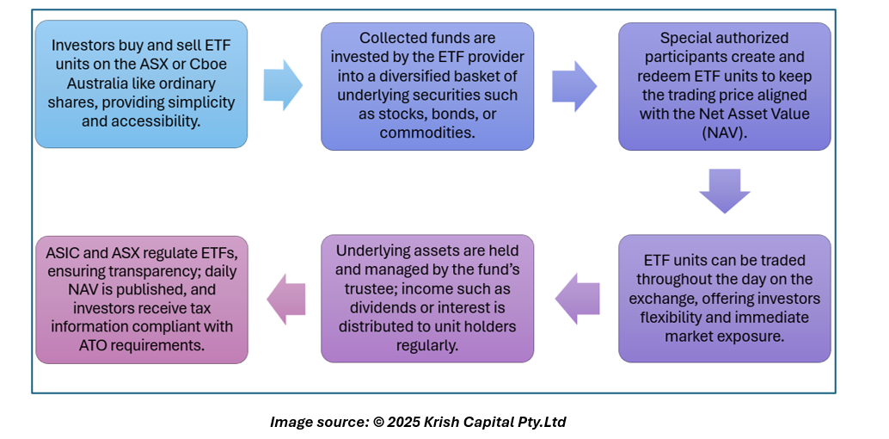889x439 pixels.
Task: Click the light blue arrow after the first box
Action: [283, 85]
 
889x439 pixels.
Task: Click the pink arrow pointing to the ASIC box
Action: [287, 299]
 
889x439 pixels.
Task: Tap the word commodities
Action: [426, 133]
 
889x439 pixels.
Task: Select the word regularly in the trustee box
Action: [426, 345]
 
